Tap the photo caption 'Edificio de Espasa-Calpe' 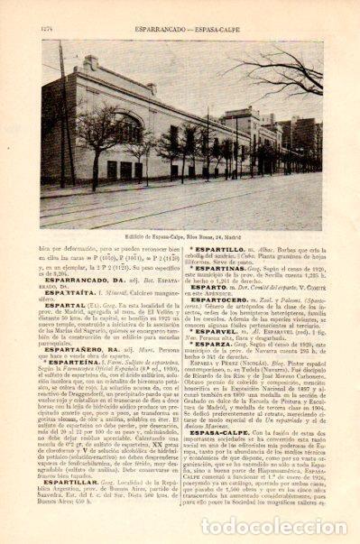180,211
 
